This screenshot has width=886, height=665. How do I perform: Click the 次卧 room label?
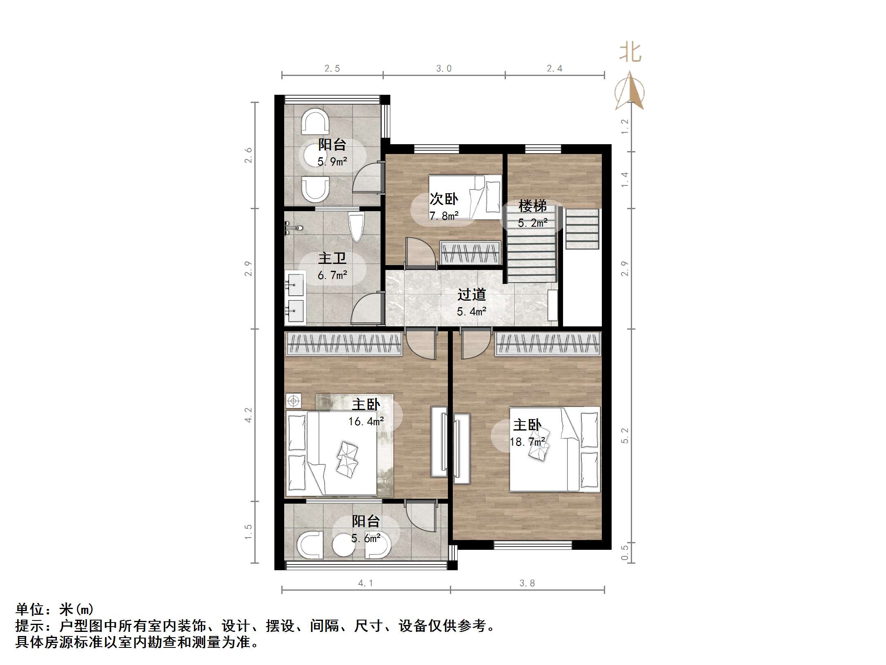pyautogui.click(x=443, y=199)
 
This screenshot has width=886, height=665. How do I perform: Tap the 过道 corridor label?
pyautogui.click(x=471, y=295)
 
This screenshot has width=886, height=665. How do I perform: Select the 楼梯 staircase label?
pyautogui.click(x=532, y=206)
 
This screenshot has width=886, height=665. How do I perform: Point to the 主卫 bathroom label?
pyautogui.click(x=332, y=258)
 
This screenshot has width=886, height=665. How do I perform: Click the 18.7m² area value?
pyautogui.click(x=527, y=442)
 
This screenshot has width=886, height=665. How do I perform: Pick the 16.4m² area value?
pyautogui.click(x=366, y=421)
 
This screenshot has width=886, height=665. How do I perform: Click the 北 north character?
pyautogui.click(x=630, y=53)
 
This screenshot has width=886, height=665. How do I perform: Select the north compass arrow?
pyautogui.click(x=630, y=92)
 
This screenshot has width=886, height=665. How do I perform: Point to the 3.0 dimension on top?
pyautogui.click(x=444, y=69)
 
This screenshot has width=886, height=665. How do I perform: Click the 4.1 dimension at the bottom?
pyautogui.click(x=365, y=583)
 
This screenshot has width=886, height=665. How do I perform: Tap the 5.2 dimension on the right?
pyautogui.click(x=625, y=435)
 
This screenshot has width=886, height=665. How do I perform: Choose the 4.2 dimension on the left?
pyautogui.click(x=248, y=415)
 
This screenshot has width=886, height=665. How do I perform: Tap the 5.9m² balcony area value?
pyautogui.click(x=332, y=162)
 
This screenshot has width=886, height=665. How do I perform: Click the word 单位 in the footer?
pyautogui.click(x=30, y=609)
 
